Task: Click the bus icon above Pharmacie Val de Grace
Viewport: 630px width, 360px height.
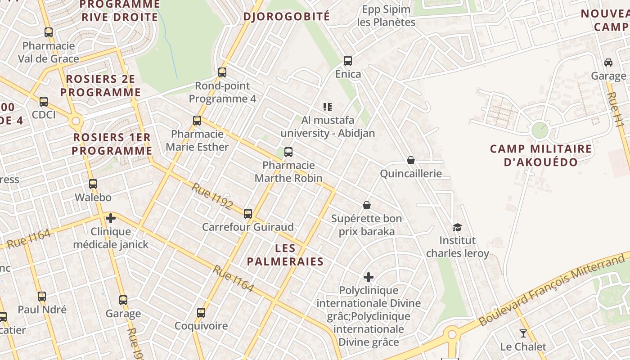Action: tap(49, 32)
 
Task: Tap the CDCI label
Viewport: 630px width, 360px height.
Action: tap(44, 115)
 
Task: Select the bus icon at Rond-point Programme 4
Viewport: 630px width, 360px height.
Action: tap(222, 72)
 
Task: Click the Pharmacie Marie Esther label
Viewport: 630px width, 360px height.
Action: tap(197, 140)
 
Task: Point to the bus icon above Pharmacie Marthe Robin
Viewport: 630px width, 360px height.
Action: tap(288, 152)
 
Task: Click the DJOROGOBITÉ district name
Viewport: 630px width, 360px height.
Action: tap(287, 17)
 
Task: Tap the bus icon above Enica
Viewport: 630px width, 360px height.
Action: tap(347, 61)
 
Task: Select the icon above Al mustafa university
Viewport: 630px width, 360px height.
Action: tap(328, 107)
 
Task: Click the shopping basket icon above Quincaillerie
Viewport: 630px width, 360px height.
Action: tap(411, 160)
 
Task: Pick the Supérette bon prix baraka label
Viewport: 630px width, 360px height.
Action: tap(367, 225)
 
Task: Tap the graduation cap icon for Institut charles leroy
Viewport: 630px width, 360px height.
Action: tap(457, 228)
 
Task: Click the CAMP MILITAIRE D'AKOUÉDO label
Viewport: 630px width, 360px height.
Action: tap(540, 155)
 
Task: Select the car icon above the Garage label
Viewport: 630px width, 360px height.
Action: tap(608, 63)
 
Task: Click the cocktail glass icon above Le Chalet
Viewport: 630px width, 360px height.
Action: tap(523, 333)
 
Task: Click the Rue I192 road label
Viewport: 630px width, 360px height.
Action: tap(212, 197)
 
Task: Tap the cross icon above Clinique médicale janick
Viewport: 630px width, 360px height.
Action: tap(111, 219)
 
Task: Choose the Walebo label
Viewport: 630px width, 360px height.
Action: tap(93, 197)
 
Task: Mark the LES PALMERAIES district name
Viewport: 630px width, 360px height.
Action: tap(285, 255)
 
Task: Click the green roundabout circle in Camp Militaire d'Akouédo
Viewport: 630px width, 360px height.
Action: tap(540, 130)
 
